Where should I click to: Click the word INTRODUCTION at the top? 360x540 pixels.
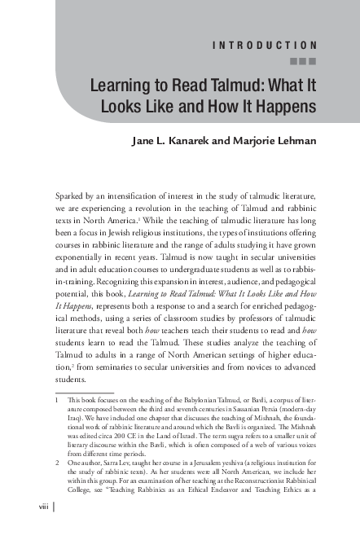(x=270, y=44)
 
